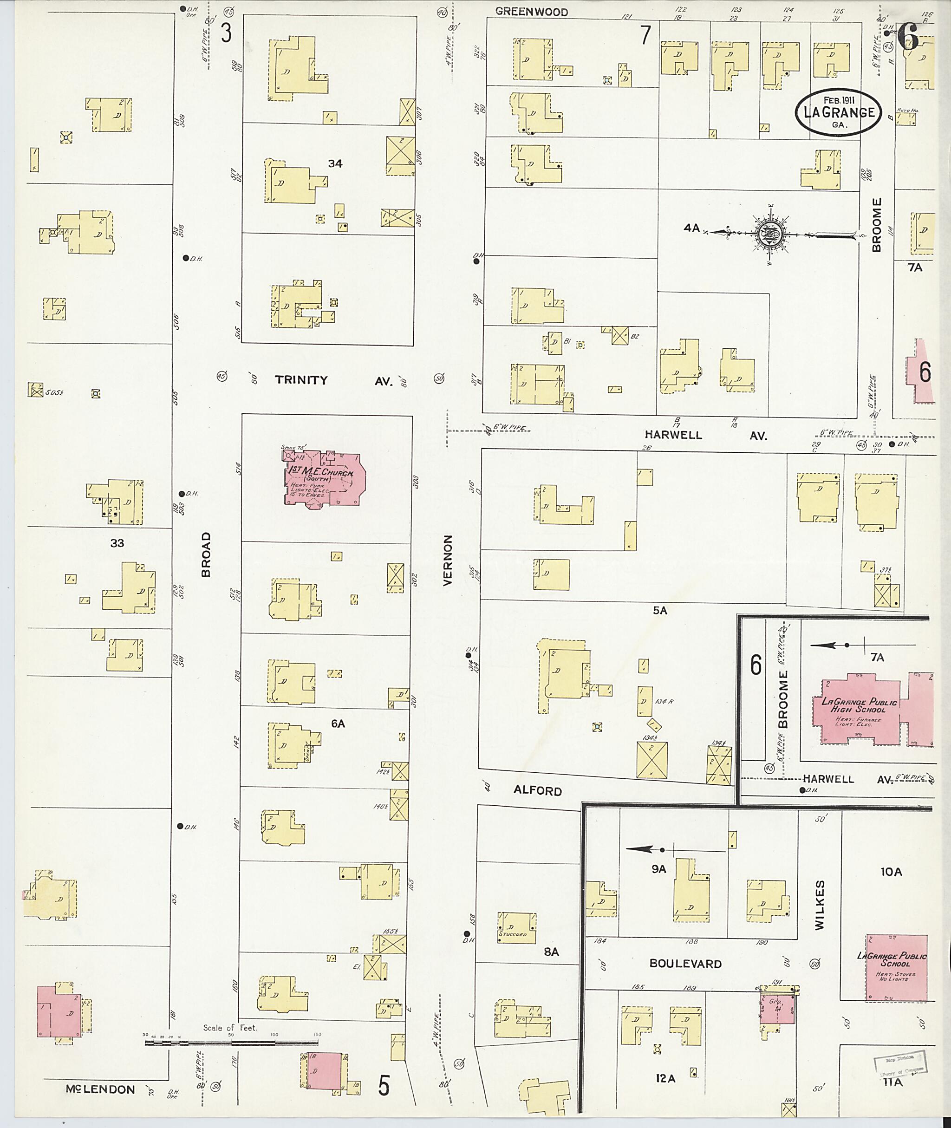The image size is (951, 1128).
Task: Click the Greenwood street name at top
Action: coord(531,12)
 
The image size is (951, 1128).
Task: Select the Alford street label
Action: coord(538,790)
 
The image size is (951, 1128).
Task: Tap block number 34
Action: coord(335,163)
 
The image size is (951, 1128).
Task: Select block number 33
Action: coord(117,543)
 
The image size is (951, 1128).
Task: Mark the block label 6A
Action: coord(338,724)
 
